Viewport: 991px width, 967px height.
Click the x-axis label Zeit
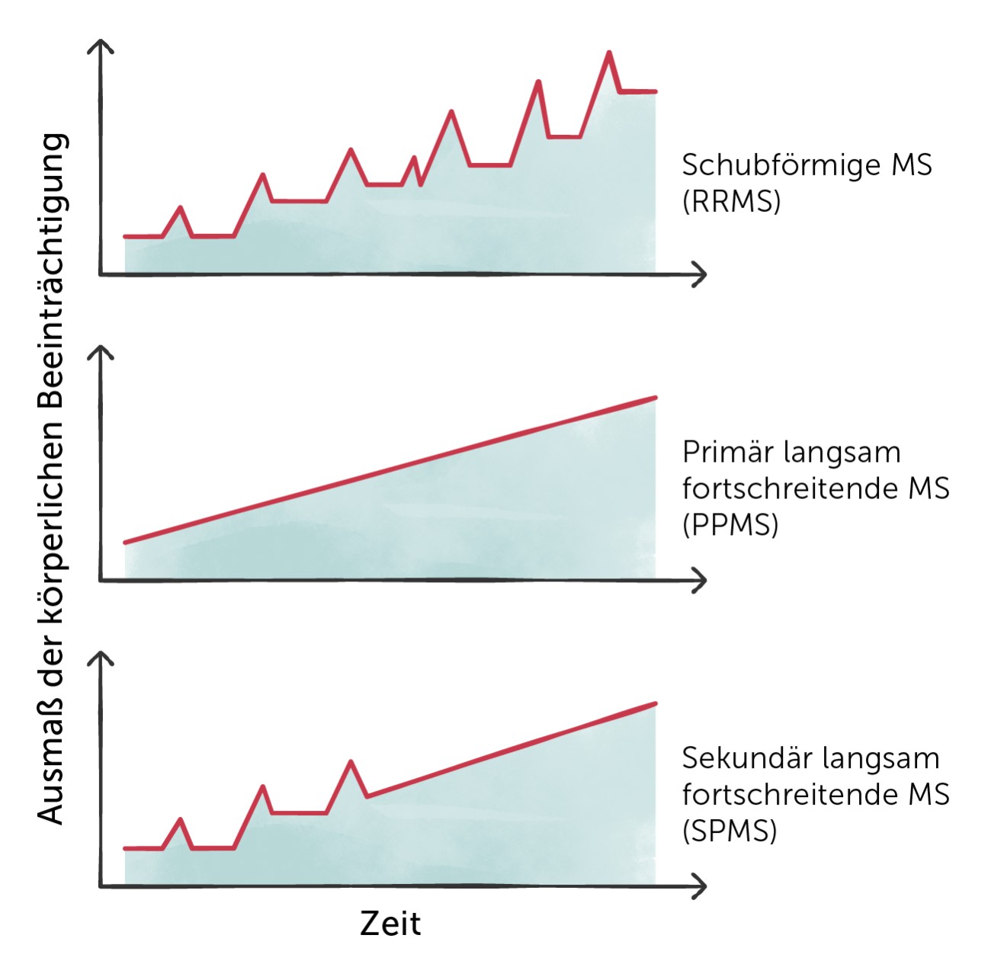coord(390,924)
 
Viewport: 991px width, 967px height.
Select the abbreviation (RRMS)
coord(731,202)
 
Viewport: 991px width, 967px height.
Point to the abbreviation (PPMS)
coord(730,525)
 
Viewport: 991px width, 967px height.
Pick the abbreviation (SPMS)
coord(730,831)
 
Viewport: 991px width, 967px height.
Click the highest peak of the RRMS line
coord(608,53)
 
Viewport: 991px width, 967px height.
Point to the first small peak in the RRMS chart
coord(181,207)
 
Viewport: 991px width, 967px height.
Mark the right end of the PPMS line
coord(654,398)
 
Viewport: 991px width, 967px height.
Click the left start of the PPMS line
coord(126,543)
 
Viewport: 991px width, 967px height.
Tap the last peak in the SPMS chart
coord(351,762)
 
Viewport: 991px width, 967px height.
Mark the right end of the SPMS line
coord(654,704)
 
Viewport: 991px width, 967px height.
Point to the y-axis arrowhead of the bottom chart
coord(101,657)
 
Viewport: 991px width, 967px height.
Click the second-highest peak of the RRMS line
coord(538,82)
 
